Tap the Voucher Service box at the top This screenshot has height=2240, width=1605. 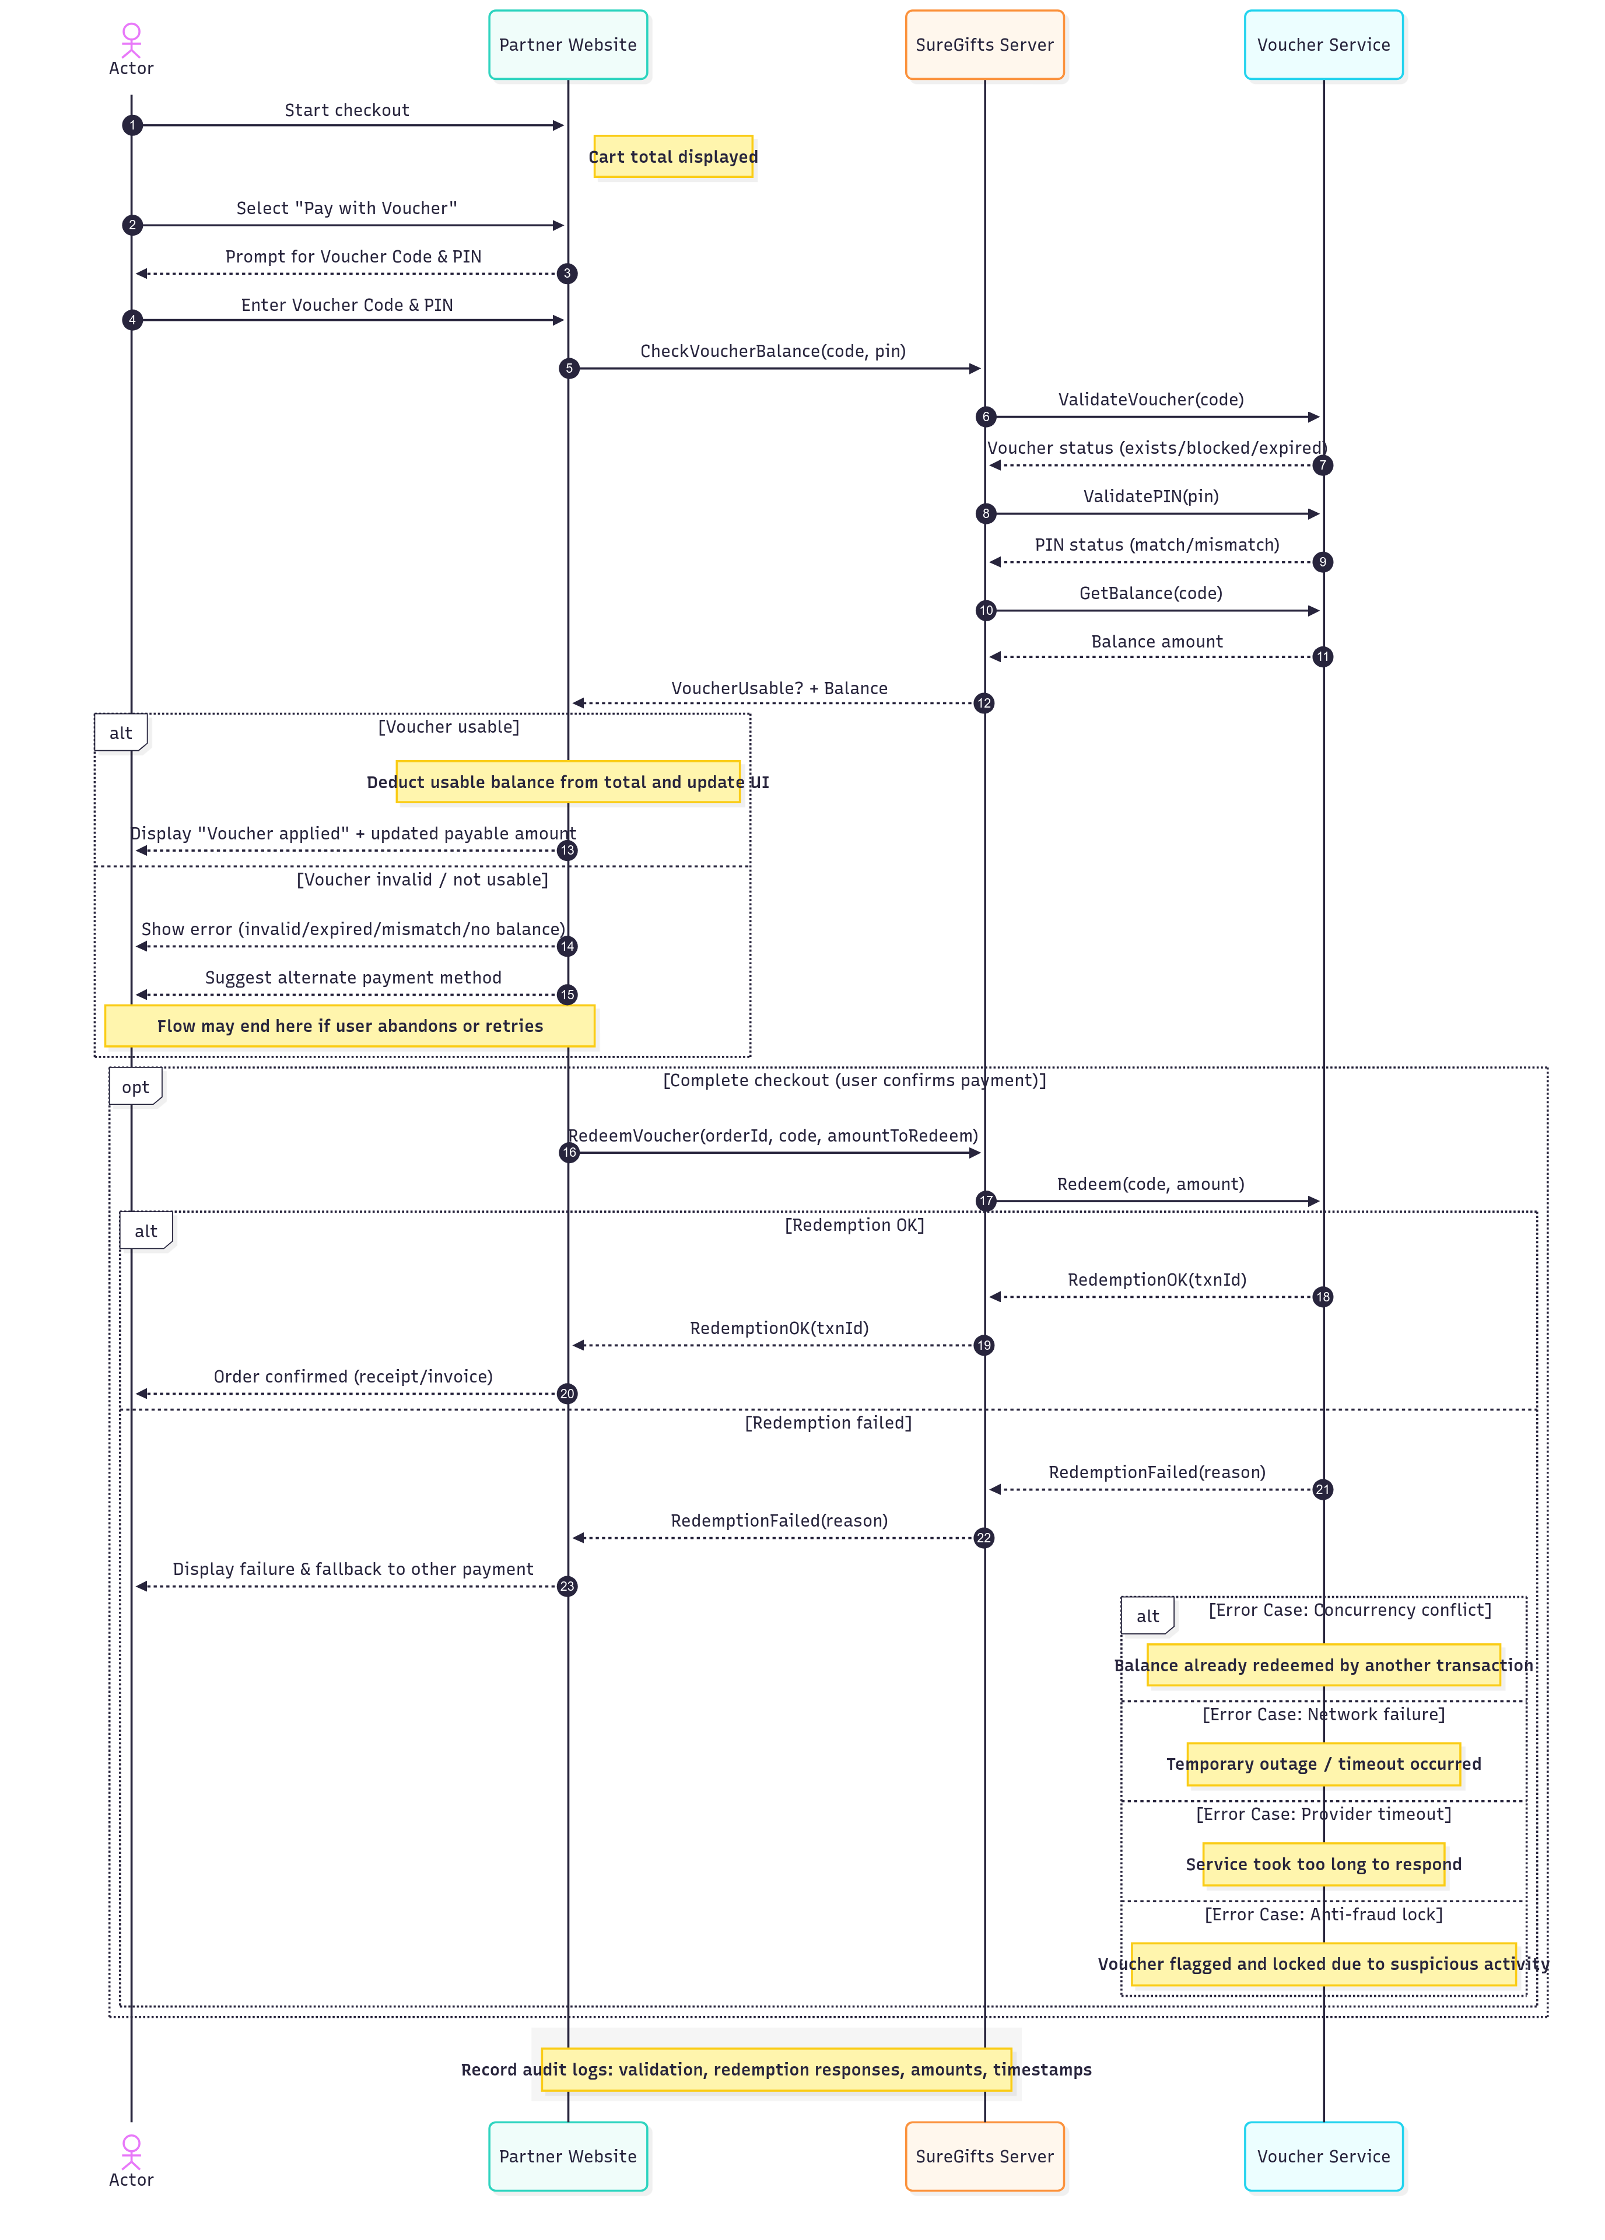click(x=1323, y=44)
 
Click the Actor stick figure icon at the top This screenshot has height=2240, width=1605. click(x=131, y=40)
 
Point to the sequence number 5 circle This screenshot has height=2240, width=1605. click(x=568, y=369)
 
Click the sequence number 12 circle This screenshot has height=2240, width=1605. click(x=984, y=703)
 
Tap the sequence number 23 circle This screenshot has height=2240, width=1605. click(x=567, y=1586)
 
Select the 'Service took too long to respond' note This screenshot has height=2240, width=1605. click(x=1323, y=1864)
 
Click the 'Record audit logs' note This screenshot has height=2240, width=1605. click(x=776, y=2069)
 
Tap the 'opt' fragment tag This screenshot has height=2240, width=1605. click(x=135, y=1086)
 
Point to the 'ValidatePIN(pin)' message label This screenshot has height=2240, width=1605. click(x=1151, y=496)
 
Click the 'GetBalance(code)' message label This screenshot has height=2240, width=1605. click(x=1151, y=593)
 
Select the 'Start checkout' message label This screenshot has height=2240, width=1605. click(x=346, y=110)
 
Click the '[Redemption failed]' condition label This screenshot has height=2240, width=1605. click(x=828, y=1422)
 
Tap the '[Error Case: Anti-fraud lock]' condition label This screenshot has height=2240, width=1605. click(x=1323, y=1914)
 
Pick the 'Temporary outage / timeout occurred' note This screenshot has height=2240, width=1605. click(x=1323, y=1764)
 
